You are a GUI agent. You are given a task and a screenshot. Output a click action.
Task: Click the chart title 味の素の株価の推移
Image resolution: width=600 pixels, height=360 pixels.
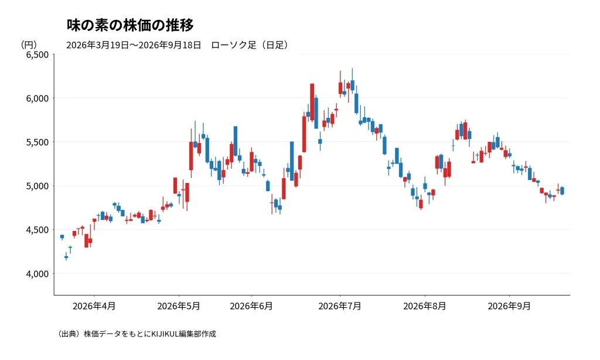130,25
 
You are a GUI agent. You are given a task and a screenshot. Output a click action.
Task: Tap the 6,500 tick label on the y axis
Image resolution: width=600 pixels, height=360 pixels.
37,55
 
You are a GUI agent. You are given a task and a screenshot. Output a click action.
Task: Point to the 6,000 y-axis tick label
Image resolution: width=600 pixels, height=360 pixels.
37,99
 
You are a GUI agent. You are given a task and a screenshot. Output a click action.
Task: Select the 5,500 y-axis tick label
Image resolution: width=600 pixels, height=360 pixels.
37,142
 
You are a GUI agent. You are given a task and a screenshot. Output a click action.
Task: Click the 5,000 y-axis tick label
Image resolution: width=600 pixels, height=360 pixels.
37,186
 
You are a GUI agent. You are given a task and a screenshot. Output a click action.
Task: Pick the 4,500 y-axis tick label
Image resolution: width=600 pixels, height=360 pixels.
37,230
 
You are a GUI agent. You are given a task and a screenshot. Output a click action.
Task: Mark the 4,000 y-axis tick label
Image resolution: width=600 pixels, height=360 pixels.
37,274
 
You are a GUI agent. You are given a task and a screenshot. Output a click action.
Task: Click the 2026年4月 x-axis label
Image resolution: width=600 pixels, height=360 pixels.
94,307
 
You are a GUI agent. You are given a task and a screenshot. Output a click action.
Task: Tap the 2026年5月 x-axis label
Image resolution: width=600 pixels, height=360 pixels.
179,307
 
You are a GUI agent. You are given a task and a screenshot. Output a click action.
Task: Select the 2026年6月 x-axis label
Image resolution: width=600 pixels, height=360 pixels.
251,307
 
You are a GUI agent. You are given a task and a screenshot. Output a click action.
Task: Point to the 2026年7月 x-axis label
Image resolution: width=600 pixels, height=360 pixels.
340,307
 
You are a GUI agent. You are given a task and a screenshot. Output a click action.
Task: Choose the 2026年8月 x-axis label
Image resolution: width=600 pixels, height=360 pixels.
425,307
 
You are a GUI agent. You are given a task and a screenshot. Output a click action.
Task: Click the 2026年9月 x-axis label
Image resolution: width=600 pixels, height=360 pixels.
509,307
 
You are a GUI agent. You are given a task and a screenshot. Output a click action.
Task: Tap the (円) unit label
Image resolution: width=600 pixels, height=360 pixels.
29,45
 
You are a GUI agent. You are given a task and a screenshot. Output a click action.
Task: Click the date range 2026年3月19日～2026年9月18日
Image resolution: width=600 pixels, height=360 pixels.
134,45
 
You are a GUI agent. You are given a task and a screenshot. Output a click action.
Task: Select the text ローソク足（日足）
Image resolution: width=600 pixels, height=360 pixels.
250,45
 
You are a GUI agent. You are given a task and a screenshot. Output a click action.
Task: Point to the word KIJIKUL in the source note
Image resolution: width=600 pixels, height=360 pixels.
165,334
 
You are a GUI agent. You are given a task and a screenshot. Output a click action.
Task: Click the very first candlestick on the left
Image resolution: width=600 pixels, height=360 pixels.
62,237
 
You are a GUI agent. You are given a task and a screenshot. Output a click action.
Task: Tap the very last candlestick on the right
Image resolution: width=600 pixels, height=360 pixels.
562,191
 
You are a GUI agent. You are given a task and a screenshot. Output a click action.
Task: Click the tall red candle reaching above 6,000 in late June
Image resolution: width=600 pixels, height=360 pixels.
312,102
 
